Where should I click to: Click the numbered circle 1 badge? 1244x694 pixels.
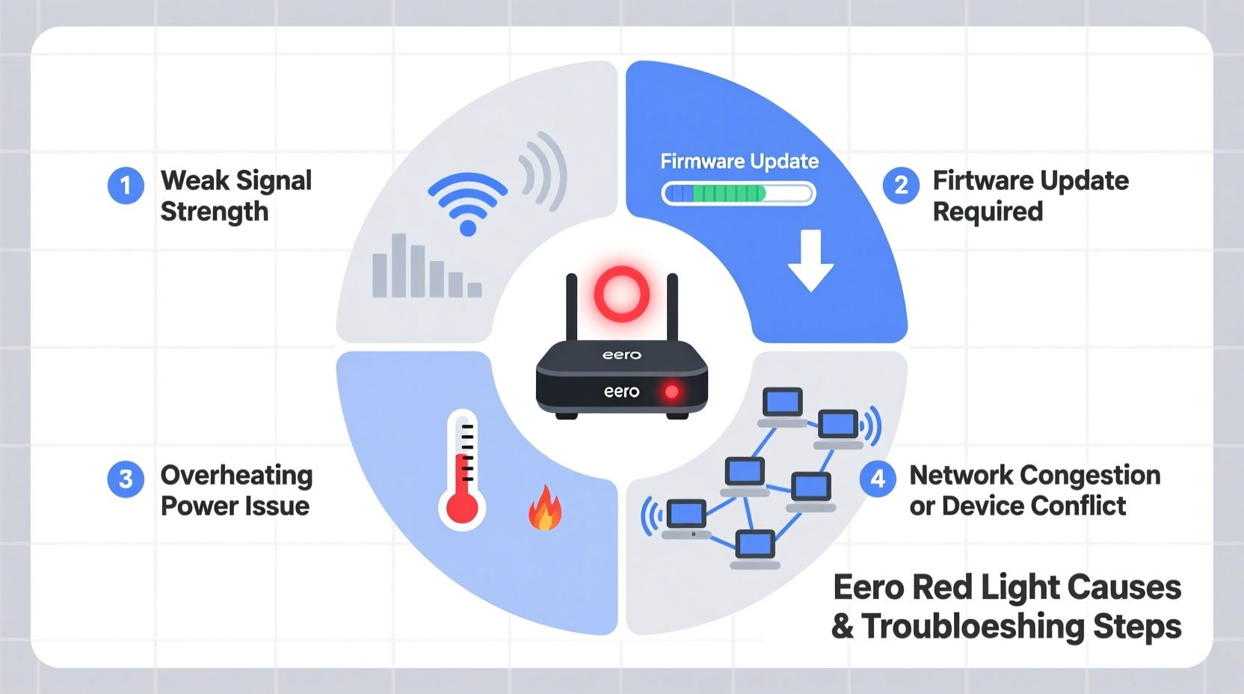pos(126,185)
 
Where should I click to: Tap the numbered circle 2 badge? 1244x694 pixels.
pos(901,185)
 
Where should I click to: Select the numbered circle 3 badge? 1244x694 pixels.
pos(126,479)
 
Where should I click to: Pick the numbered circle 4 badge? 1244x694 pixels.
pos(878,479)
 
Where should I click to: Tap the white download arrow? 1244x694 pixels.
pos(810,260)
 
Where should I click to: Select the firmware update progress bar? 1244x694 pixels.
pos(739,194)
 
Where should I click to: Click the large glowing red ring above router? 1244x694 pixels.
pos(621,294)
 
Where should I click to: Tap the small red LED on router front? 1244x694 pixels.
pos(671,391)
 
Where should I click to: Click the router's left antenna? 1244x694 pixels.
pos(572,307)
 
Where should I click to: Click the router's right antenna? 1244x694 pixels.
pos(672,307)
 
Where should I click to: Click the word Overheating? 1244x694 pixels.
pos(236,476)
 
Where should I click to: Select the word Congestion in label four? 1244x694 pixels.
pos(1090,476)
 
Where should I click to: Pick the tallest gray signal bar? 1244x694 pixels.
pos(399,265)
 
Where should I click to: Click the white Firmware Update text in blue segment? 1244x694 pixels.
pos(739,162)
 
